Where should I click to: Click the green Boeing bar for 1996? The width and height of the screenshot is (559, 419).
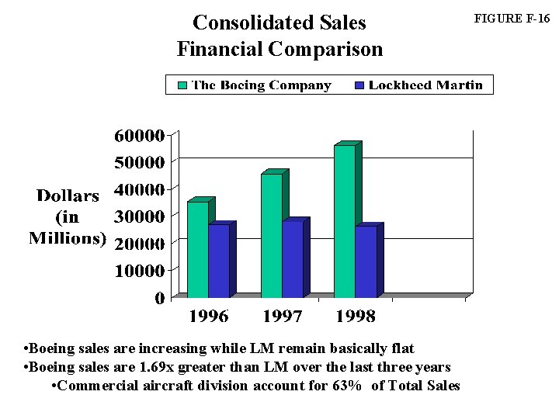click(197, 249)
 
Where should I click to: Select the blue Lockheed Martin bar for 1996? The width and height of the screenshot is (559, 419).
click(219, 261)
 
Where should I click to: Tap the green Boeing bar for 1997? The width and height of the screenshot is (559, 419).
click(271, 235)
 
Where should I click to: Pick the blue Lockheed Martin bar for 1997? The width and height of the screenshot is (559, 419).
click(293, 259)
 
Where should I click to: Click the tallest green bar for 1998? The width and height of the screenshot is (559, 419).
click(344, 221)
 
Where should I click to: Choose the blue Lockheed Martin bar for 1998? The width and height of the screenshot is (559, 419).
click(366, 261)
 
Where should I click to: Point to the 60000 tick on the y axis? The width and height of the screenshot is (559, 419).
click(140, 136)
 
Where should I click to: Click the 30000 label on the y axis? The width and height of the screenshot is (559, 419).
click(140, 216)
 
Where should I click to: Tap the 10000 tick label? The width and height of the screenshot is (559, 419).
click(140, 271)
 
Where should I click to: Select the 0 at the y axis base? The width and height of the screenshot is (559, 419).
click(159, 298)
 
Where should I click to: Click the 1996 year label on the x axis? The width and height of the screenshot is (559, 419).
click(209, 317)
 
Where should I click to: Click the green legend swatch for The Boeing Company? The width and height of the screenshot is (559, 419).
click(182, 85)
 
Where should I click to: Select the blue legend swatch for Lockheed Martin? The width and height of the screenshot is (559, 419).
click(359, 85)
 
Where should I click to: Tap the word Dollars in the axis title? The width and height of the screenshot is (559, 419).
click(68, 196)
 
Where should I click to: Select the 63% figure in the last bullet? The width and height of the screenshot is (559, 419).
click(346, 386)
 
